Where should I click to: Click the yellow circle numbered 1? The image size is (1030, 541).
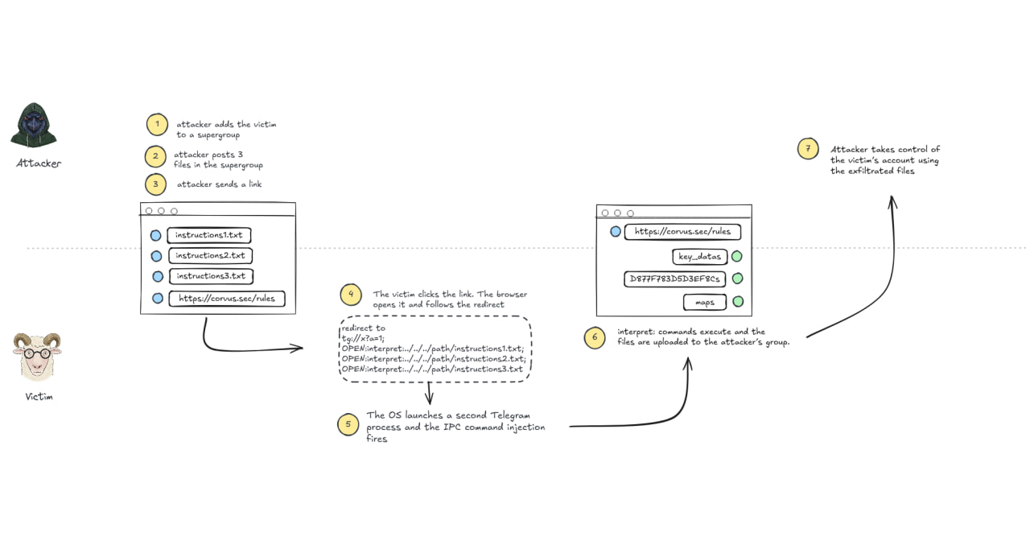coord(157,125)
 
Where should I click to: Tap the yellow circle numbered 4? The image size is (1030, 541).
coord(351,295)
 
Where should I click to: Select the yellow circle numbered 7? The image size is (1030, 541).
coord(808,149)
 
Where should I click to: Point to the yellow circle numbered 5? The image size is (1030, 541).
coord(348,424)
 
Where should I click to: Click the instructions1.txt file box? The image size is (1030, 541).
coord(208,235)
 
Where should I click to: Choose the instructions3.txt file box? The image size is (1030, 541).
coord(211,276)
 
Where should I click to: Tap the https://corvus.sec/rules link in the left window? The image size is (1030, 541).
coord(227,299)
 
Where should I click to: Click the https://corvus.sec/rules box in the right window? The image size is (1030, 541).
coord(682,232)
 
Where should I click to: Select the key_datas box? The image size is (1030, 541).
coord(700,257)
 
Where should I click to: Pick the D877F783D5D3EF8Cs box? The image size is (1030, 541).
coord(674,279)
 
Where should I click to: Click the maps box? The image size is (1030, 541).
coord(705,302)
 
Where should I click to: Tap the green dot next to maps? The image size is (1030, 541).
coord(738,302)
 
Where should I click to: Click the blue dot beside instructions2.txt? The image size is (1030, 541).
coord(156,256)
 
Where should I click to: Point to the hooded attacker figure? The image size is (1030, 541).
coord(34,125)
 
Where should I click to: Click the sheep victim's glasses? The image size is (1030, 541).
coord(36,353)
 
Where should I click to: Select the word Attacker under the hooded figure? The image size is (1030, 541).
coord(39,163)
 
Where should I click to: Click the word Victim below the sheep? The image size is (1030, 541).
coord(39,397)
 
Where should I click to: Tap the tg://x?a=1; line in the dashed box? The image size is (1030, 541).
coord(363,338)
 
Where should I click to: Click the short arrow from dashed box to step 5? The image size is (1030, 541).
coord(430,393)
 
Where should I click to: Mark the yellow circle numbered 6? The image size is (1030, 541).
coord(595,337)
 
